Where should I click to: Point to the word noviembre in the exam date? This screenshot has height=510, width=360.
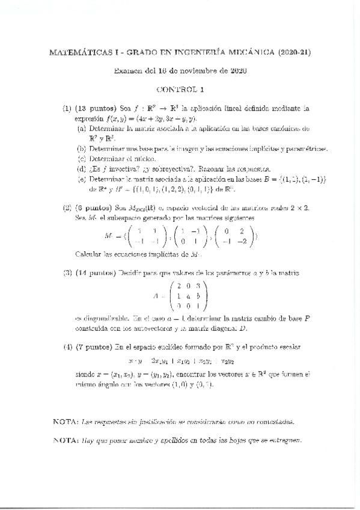(x=191, y=71)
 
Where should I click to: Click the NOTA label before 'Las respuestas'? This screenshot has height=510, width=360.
(x=65, y=422)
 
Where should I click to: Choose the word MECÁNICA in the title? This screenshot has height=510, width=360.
(x=254, y=54)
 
